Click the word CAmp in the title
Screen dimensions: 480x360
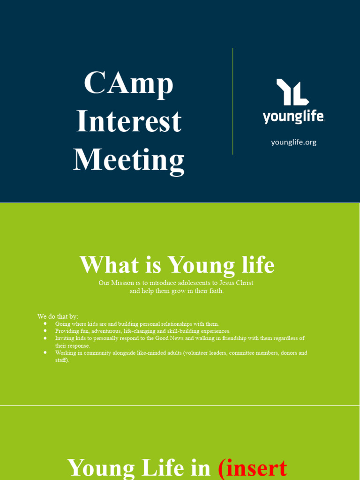[x=128, y=83]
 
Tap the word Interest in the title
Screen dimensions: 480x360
[x=128, y=121]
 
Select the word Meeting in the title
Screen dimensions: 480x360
[x=128, y=159]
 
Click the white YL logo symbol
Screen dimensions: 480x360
[x=292, y=92]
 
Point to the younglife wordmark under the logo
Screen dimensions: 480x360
[x=293, y=116]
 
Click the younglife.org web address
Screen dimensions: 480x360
[x=293, y=142]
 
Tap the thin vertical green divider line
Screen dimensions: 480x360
[x=233, y=101]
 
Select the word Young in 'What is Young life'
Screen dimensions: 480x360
[x=201, y=265]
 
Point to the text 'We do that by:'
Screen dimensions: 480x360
[x=58, y=316]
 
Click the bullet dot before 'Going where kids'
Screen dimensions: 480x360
[x=45, y=323]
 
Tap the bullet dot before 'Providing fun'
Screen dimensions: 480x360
[x=45, y=330]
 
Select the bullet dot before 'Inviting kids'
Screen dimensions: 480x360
[x=45, y=337]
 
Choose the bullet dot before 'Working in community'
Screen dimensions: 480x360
[x=45, y=352]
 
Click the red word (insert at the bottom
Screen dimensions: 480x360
[x=253, y=468]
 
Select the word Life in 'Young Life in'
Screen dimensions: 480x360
[x=158, y=468]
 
